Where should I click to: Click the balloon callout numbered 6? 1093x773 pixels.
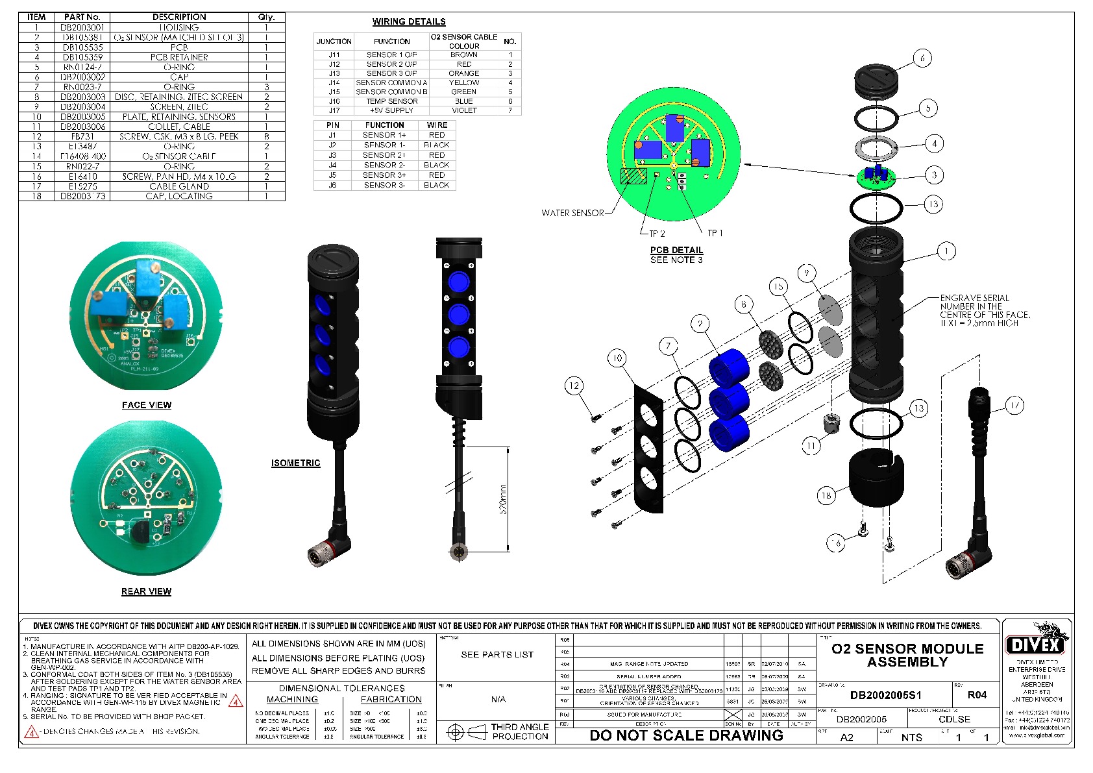click(922, 58)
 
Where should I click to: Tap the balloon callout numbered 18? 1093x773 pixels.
click(826, 496)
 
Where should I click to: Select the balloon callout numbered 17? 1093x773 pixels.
click(1014, 406)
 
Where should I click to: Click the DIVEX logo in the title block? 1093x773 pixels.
click(1035, 645)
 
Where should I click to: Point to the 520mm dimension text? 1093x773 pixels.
click(503, 499)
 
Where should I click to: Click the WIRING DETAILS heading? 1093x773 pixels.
click(409, 21)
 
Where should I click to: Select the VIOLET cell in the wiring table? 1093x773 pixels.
click(464, 110)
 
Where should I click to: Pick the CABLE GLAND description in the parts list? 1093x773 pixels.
click(179, 186)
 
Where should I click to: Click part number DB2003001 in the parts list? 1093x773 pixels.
click(82, 27)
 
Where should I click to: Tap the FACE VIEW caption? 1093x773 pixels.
click(147, 405)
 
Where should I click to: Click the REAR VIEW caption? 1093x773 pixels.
click(147, 591)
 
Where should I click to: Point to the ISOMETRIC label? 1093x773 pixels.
click(296, 463)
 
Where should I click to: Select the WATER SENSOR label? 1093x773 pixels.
click(572, 213)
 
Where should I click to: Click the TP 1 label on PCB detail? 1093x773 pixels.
click(715, 233)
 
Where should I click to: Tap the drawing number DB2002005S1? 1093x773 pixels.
click(885, 695)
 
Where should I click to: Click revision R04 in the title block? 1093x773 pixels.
click(977, 695)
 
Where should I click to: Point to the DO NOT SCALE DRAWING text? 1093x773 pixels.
click(686, 735)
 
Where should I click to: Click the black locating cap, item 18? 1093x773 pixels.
click(876, 480)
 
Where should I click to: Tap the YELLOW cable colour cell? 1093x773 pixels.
click(464, 82)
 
